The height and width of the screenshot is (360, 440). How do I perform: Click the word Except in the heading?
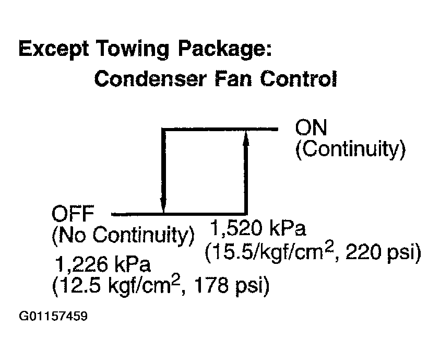54,50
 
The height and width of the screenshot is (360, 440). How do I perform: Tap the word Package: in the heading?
225,50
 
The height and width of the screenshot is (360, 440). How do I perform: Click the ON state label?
311,128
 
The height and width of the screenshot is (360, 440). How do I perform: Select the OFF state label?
73,214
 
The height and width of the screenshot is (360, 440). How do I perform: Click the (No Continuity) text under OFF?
123,235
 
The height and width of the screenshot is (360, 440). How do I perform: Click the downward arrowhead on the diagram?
163,204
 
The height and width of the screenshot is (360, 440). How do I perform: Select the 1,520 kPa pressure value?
258,228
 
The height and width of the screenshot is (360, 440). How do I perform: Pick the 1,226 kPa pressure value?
103,264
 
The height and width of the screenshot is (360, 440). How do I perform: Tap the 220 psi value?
383,252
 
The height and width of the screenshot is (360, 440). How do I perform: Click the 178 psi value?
231,286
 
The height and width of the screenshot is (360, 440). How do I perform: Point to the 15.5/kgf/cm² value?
270,252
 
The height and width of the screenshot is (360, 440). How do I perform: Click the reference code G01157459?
53,316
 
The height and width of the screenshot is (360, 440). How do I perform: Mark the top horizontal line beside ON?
220,129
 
